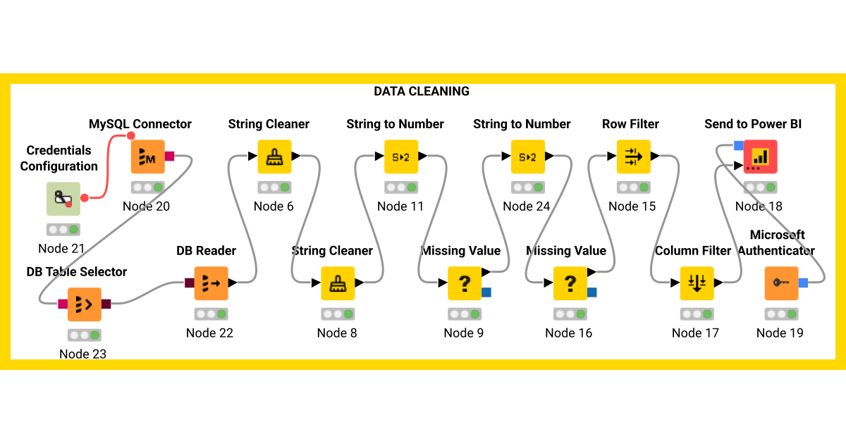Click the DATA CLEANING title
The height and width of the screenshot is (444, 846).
(422, 91)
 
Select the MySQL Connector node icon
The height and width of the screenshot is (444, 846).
(147, 156)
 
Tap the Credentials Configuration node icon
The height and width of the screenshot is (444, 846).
(63, 199)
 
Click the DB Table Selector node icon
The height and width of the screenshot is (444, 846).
(84, 304)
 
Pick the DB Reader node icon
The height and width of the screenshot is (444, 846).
(211, 283)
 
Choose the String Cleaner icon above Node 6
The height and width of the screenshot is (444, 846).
(274, 156)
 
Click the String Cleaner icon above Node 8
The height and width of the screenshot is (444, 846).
(338, 283)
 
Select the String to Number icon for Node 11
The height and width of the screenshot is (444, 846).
(401, 156)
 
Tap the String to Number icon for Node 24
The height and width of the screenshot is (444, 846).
(528, 156)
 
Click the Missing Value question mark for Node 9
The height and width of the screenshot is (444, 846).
(465, 283)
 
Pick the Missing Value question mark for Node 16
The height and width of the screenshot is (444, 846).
(570, 283)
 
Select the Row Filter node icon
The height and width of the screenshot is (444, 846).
(633, 156)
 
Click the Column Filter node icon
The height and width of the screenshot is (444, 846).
(697, 283)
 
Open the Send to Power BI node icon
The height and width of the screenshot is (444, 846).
(760, 156)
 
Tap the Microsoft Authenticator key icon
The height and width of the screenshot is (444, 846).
(781, 283)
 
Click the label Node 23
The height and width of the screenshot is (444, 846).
(83, 354)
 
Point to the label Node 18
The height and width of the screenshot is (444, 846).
(759, 206)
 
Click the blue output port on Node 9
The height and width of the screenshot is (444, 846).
(486, 292)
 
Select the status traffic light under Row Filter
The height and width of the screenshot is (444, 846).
(633, 187)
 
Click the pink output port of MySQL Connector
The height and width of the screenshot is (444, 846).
(169, 156)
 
